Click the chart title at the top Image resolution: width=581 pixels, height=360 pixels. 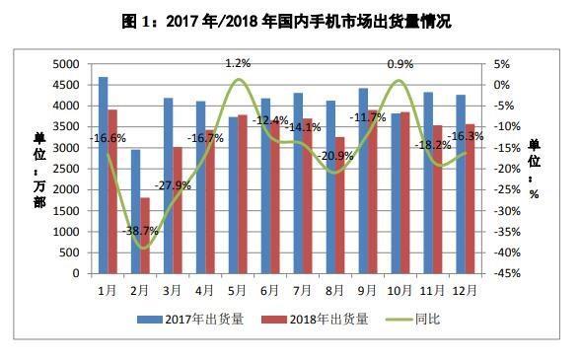pyautogui.click(x=290, y=19)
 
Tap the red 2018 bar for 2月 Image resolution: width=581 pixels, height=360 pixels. pyautogui.click(x=145, y=237)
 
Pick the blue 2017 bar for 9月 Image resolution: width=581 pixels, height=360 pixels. pyautogui.click(x=362, y=182)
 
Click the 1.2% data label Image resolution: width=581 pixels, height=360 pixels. pyautogui.click(x=237, y=63)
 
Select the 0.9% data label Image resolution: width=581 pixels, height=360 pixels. pyautogui.click(x=399, y=64)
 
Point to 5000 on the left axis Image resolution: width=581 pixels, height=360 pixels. pyautogui.click(x=67, y=63)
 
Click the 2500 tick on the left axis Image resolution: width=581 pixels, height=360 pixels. pyautogui.click(x=67, y=169)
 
